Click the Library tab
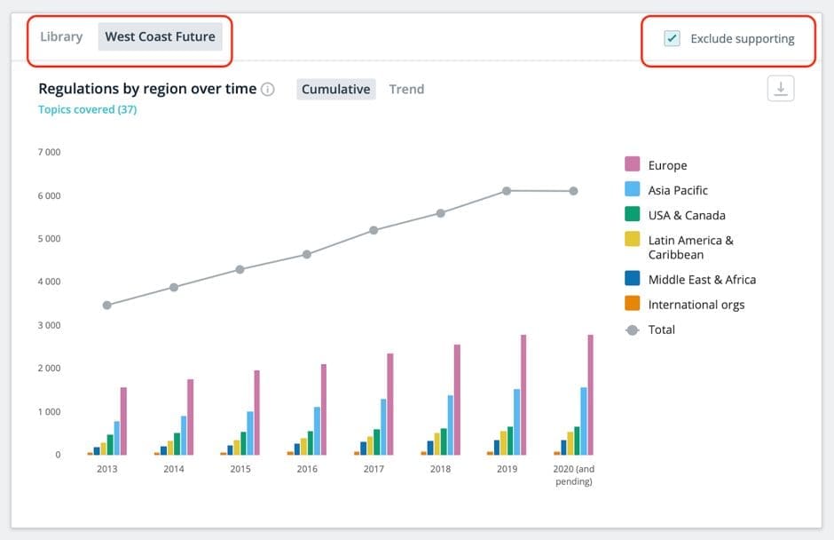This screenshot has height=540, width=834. click(x=61, y=36)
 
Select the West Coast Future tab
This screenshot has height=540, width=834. click(x=160, y=36)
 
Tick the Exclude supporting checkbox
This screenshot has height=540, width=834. click(x=672, y=38)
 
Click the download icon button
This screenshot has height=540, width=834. click(x=780, y=89)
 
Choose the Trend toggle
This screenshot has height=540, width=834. click(x=406, y=89)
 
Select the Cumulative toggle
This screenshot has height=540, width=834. click(x=335, y=89)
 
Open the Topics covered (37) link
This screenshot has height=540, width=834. click(x=87, y=109)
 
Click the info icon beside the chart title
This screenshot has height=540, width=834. click(x=268, y=89)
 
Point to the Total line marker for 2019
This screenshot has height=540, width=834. click(x=507, y=191)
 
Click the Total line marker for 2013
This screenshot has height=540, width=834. click(x=106, y=306)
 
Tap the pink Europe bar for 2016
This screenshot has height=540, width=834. click(x=323, y=409)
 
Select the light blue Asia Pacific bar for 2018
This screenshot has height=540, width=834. click(x=451, y=425)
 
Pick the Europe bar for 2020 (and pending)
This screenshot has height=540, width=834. click(x=590, y=394)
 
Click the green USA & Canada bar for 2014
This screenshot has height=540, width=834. click(x=177, y=444)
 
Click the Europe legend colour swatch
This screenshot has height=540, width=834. click(x=633, y=164)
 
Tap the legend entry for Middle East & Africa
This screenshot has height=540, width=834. click(x=702, y=280)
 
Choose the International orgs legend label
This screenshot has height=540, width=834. click(x=696, y=305)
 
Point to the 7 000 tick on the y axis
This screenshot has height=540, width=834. click(x=49, y=152)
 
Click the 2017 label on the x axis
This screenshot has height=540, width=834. click(x=374, y=469)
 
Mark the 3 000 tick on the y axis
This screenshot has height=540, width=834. click(x=49, y=325)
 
